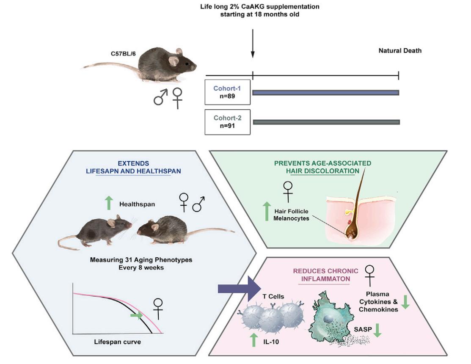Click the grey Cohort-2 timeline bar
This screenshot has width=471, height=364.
click(x=326, y=122)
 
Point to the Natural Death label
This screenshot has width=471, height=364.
click(x=400, y=51)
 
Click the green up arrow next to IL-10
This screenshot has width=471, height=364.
click(x=253, y=339)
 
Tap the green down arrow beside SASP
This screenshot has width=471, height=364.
click(x=377, y=330)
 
